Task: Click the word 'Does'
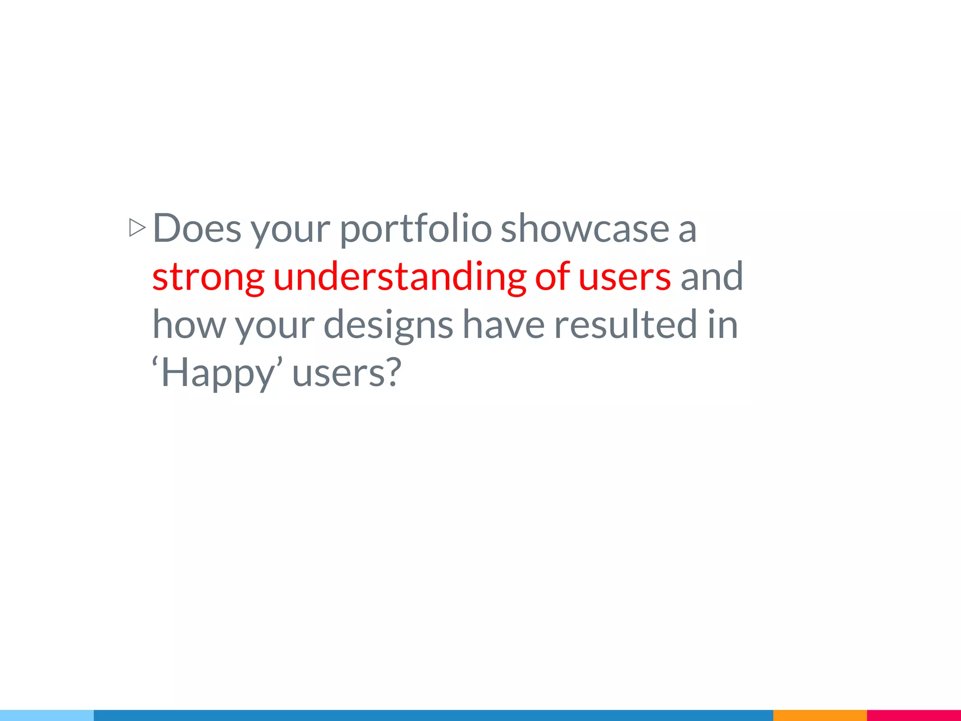click(197, 229)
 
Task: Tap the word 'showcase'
click(585, 229)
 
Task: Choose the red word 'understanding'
click(399, 277)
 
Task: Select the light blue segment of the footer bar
click(47, 715)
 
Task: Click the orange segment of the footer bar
click(820, 715)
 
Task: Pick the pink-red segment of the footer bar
click(914, 715)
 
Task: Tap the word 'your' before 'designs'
click(275, 327)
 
